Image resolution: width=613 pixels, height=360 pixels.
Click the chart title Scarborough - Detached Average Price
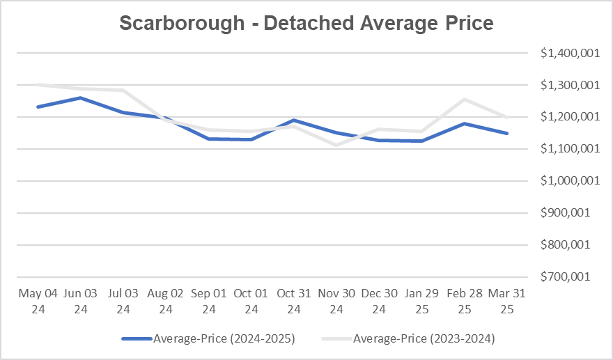point(306,23)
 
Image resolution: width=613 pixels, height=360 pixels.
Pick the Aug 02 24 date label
point(166,301)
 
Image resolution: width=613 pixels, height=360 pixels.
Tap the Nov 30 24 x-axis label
point(336,301)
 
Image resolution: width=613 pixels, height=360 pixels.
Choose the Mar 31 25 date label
point(507,301)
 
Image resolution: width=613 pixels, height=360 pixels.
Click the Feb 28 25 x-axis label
point(465,301)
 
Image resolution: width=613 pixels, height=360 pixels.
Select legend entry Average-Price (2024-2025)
point(209,339)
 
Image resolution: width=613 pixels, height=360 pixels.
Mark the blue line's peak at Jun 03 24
point(81,97)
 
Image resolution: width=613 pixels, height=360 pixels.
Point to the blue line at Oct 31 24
point(294,120)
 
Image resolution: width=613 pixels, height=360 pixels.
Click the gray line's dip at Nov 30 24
point(336,145)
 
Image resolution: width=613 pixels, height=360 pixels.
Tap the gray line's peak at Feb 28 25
point(465,100)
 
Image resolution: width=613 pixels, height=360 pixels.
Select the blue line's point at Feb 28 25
point(465,124)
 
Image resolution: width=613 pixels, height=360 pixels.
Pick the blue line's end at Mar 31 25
point(507,133)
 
